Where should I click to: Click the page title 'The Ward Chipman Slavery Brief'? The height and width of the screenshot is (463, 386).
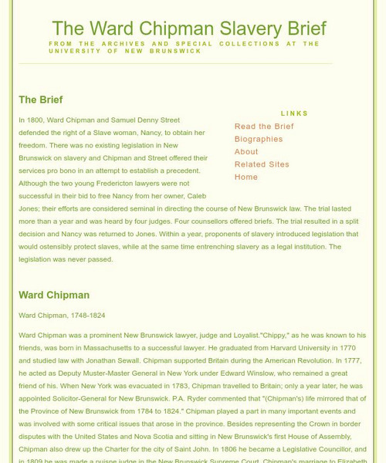click(x=188, y=29)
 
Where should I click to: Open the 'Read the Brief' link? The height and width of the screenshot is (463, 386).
click(x=264, y=127)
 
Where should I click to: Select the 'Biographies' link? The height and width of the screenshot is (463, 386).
click(x=259, y=139)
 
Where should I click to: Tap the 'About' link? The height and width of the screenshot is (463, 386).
click(x=246, y=152)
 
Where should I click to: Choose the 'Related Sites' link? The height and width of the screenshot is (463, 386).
click(x=262, y=164)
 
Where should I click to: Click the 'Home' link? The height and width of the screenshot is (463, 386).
click(x=246, y=177)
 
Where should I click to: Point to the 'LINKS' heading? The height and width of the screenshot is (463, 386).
click(x=294, y=113)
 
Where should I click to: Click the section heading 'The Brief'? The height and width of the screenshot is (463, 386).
click(x=41, y=100)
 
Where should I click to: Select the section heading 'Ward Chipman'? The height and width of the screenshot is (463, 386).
click(x=54, y=295)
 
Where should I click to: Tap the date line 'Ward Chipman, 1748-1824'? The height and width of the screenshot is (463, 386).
click(x=62, y=316)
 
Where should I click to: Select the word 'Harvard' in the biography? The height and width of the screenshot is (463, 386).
click(x=267, y=348)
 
